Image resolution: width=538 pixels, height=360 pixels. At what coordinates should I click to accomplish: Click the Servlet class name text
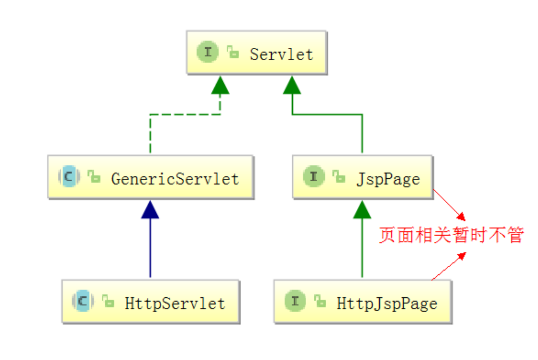[281, 54]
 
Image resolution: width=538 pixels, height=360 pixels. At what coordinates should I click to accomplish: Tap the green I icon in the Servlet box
[207, 52]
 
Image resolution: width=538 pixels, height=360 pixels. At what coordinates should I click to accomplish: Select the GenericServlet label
[175, 179]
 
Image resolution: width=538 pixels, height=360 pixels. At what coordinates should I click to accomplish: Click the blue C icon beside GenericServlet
[69, 176]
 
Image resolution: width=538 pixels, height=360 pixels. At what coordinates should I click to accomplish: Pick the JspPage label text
[388, 179]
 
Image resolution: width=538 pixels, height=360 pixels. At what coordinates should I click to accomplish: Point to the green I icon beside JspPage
[314, 176]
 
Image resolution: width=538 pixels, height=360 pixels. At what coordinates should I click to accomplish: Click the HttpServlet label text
[175, 303]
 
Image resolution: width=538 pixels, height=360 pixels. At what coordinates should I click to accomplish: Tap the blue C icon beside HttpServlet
[83, 301]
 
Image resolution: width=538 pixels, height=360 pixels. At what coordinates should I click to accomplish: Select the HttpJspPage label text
[387, 303]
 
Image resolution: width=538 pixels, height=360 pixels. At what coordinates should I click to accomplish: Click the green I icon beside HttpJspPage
[295, 301]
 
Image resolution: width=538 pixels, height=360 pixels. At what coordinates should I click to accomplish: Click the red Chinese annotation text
[451, 235]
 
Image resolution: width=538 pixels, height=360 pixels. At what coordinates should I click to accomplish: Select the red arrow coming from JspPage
[450, 205]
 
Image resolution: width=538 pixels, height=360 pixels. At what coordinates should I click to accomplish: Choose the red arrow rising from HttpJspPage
[449, 266]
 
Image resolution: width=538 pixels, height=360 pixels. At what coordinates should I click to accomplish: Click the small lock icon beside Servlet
[233, 52]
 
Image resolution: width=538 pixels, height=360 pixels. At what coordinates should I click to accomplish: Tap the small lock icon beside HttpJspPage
[320, 301]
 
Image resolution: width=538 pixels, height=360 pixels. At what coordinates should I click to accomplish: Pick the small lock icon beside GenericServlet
[94, 177]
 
